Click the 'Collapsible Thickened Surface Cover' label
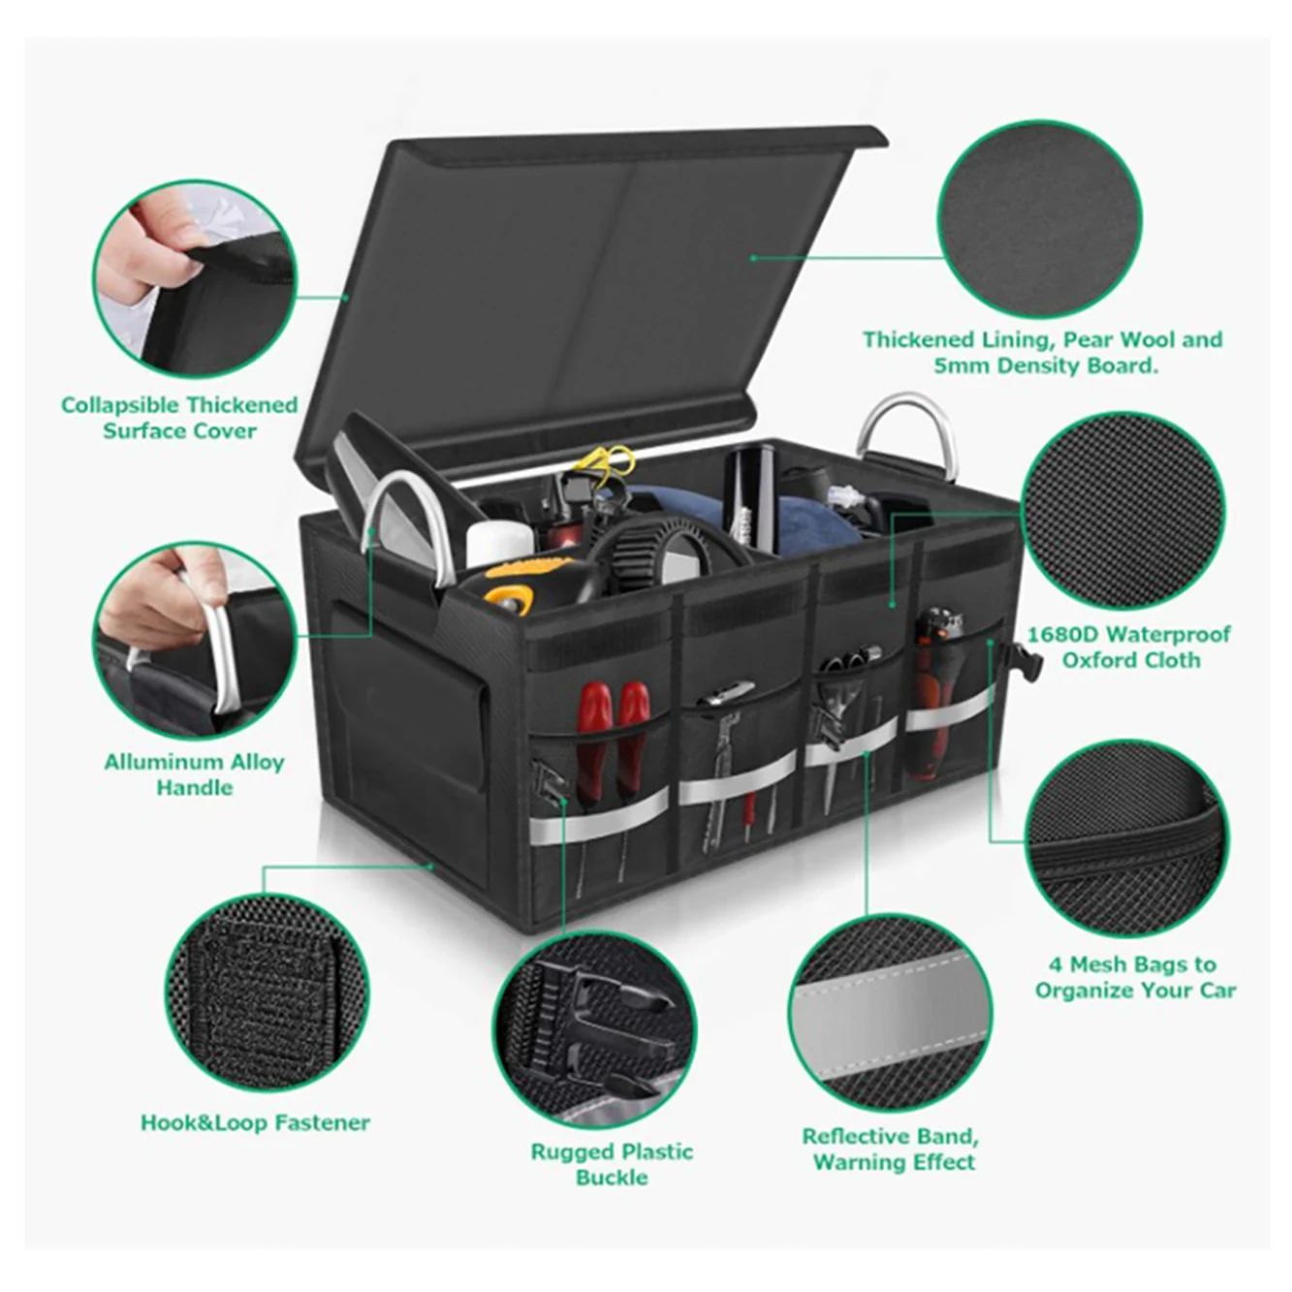[179, 418]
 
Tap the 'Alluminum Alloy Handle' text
[194, 774]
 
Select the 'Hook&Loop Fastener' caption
[255, 1122]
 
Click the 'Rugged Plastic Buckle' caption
[612, 1164]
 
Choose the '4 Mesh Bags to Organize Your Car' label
[1135, 977]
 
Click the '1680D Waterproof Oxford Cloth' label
[1129, 646]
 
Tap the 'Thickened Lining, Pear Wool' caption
[1043, 352]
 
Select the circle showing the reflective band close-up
[890, 1014]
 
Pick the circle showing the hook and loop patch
[267, 991]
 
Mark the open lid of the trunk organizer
[582, 291]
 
